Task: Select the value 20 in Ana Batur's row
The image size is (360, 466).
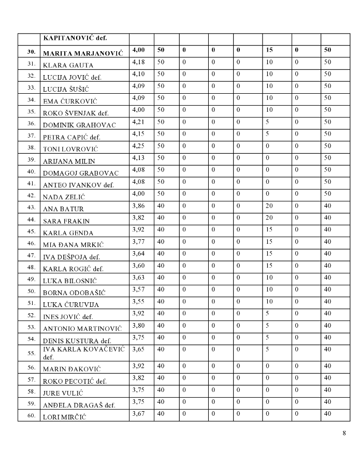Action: [270, 206]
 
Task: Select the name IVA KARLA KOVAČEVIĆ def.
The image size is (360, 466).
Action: [83, 353]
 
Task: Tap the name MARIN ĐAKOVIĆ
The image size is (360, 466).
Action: [71, 369]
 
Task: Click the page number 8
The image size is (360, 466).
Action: [344, 433]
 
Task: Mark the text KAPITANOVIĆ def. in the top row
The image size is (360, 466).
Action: [78, 38]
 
